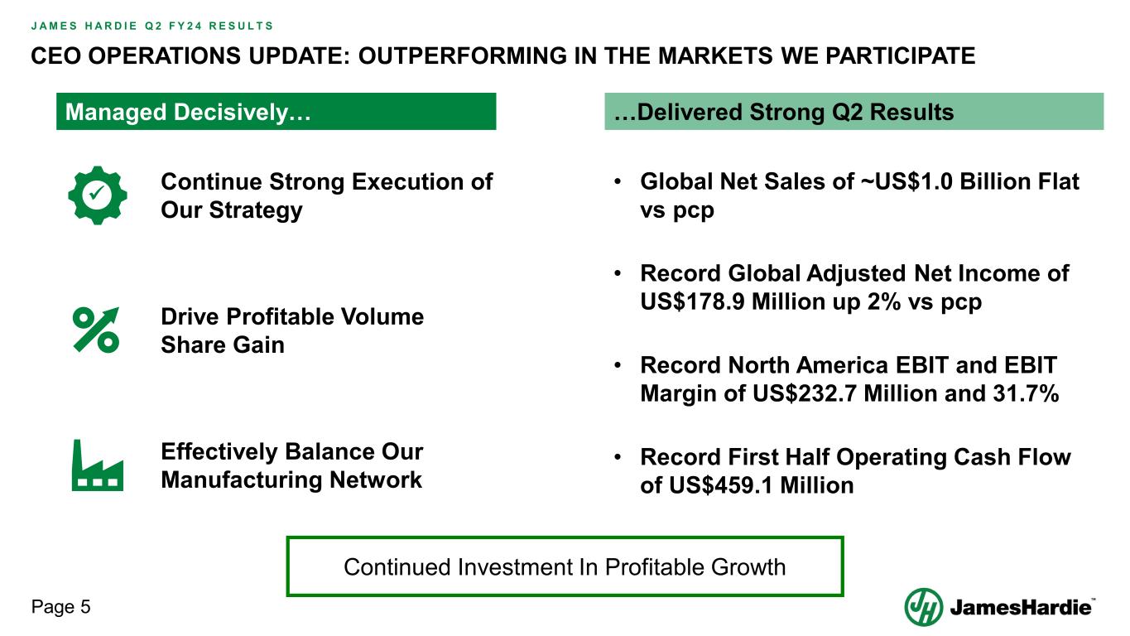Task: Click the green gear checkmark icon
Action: pyautogui.click(x=98, y=195)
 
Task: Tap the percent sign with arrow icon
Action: pyautogui.click(x=96, y=330)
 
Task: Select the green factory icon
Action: pyautogui.click(x=98, y=465)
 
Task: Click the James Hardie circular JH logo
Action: pyautogui.click(x=923, y=607)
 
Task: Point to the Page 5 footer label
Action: pyautogui.click(x=60, y=607)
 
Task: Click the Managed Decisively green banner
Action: pyautogui.click(x=276, y=112)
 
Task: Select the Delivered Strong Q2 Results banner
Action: pyautogui.click(x=854, y=112)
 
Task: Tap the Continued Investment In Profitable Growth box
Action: pyautogui.click(x=565, y=566)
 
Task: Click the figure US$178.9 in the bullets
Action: pyautogui.click(x=692, y=301)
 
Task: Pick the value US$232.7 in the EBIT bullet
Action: pyautogui.click(x=805, y=393)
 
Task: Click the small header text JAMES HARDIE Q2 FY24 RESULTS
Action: pyautogui.click(x=151, y=26)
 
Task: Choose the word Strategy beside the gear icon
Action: pyautogui.click(x=256, y=210)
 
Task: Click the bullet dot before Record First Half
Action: pyautogui.click(x=618, y=457)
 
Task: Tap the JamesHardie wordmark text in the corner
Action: pyautogui.click(x=1021, y=607)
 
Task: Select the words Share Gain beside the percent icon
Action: pyautogui.click(x=223, y=345)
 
